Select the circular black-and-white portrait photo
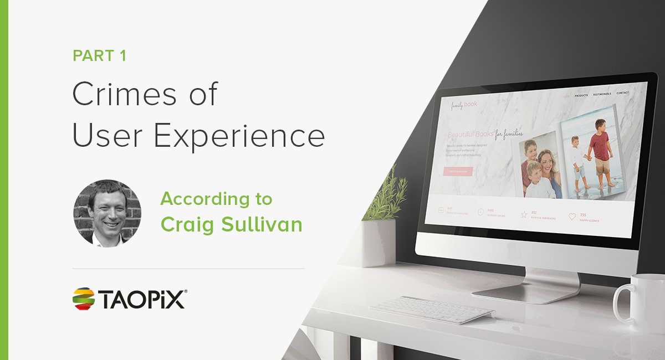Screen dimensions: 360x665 coord(107,213)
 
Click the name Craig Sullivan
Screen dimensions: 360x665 coord(231,224)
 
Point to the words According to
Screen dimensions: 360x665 coord(216,199)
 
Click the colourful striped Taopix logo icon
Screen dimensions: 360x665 coord(83,299)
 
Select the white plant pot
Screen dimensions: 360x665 coord(378,241)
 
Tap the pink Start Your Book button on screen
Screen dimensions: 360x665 coord(458,172)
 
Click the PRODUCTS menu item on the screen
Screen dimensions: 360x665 coord(581,95)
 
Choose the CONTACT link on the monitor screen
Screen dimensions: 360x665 coord(622,92)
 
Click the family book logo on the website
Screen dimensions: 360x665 coord(463,105)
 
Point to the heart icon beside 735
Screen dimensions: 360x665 coord(572,217)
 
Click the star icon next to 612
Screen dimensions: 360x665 coord(524,214)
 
